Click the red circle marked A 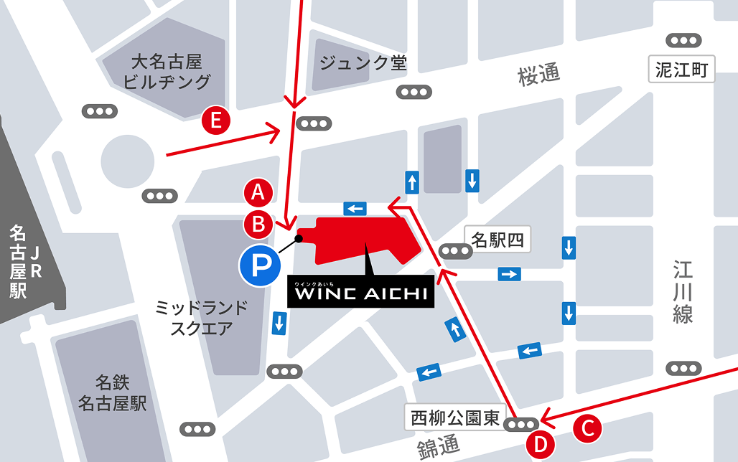(x=258, y=192)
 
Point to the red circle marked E (x=215, y=120)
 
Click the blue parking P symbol (x=257, y=266)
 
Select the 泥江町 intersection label (x=681, y=70)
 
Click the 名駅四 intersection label (x=498, y=240)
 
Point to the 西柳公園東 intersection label (x=455, y=418)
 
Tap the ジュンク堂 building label (x=363, y=63)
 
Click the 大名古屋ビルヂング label (x=167, y=71)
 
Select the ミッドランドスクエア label (x=201, y=319)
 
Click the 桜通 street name (x=538, y=75)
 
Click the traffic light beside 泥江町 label (x=682, y=40)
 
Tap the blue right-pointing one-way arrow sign (x=510, y=274)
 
